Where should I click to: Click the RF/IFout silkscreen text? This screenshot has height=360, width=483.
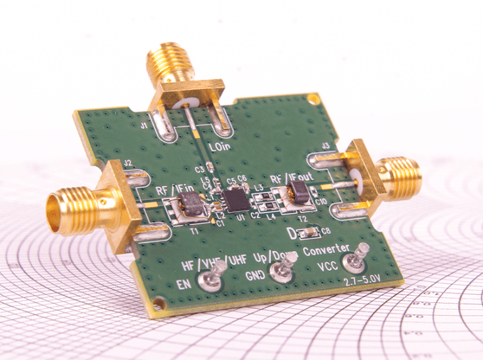pos(290,178)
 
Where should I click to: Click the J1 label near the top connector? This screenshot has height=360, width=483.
pos(144,126)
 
